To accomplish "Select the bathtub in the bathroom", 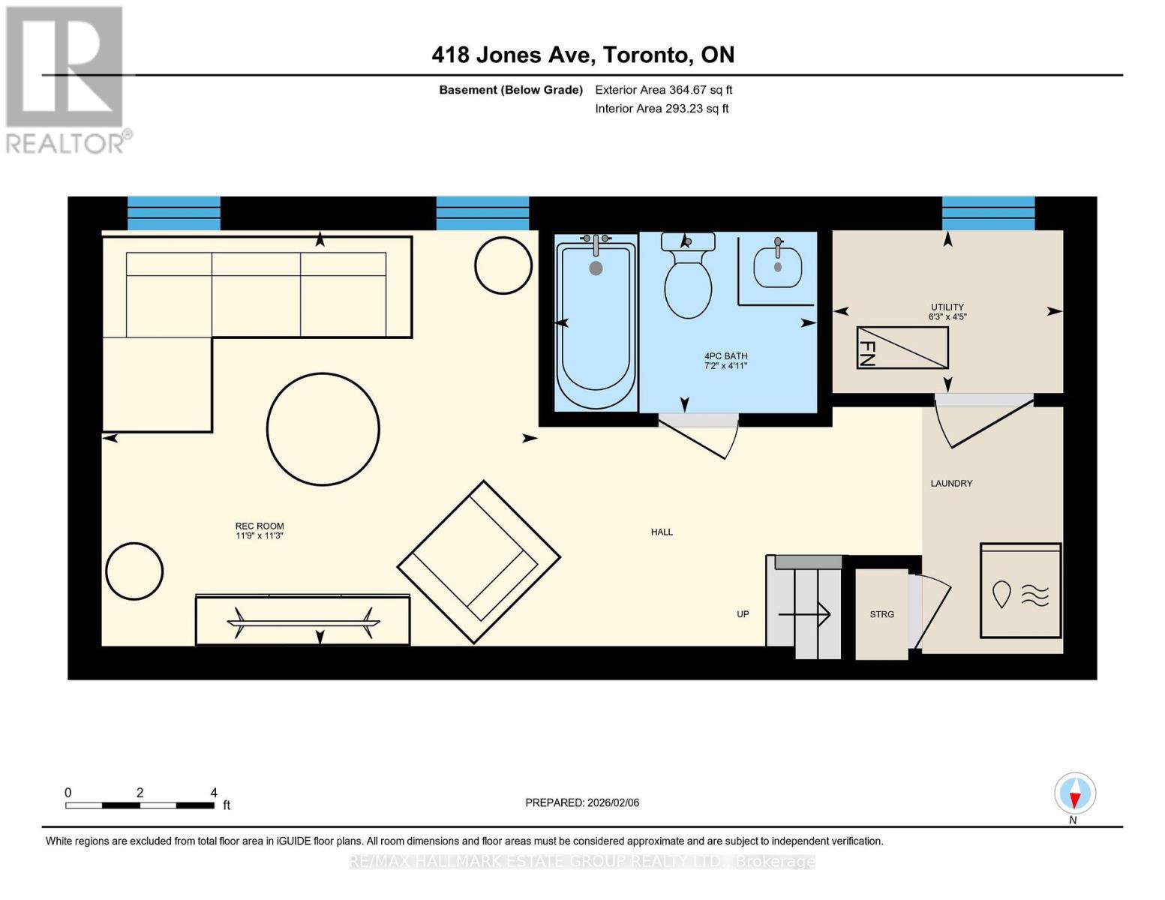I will click(x=596, y=322).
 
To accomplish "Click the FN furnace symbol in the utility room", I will click(x=902, y=347).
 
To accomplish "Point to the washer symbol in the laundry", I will click(x=1020, y=590).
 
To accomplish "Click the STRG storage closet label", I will click(x=881, y=614).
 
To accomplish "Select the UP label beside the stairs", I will click(x=743, y=614).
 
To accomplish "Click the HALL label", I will click(x=662, y=532).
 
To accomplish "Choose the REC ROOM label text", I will click(x=260, y=526).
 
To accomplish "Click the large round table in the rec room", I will click(x=323, y=429).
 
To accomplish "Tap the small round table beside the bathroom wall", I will click(x=503, y=265).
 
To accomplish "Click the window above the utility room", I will click(x=988, y=214).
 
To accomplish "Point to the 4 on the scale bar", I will click(x=214, y=793).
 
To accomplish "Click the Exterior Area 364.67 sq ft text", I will click(x=663, y=90).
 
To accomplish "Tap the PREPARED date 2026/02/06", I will click(x=582, y=802).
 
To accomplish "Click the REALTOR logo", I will click(x=66, y=79).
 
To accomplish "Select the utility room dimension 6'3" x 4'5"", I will click(x=947, y=317).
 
